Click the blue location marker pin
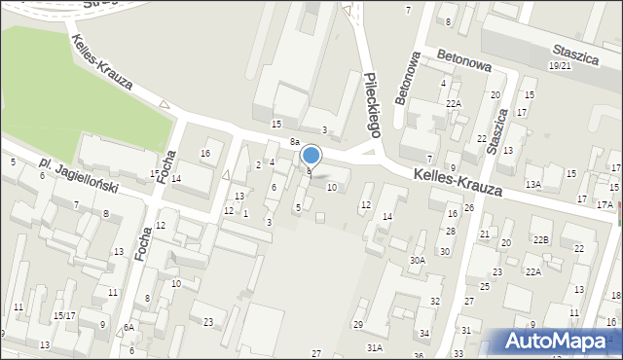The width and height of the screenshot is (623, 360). point(311,156)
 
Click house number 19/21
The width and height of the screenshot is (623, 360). point(560,65)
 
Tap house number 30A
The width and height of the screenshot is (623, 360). point(418,260)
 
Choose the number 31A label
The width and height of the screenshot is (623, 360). point(374,347)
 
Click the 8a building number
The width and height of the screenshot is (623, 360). point(294,142)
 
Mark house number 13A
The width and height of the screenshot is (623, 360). point(532,184)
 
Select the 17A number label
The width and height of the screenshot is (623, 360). point(605,204)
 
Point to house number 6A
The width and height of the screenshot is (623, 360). point(128,328)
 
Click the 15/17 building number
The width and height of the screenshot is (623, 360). point(64,315)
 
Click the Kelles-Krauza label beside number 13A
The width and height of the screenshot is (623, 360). point(458,182)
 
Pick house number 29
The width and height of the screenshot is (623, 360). point(358,324)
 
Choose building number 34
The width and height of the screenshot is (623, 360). point(423,334)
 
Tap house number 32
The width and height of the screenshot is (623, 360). point(435,301)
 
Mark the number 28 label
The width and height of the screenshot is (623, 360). point(450,231)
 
